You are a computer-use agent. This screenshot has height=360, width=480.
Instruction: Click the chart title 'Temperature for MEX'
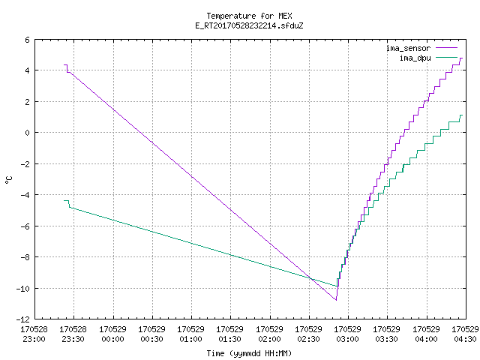[x=249, y=16]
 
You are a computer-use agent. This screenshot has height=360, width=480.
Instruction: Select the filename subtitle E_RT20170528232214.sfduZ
[x=249, y=25]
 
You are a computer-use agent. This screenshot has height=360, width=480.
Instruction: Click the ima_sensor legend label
[x=408, y=48]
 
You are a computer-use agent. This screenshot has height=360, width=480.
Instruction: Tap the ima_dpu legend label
[x=415, y=58]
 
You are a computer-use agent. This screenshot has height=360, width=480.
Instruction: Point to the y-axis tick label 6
[x=28, y=40]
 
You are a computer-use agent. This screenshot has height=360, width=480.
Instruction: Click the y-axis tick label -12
[x=23, y=319]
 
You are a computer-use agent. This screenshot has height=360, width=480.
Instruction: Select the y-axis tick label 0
[x=28, y=133]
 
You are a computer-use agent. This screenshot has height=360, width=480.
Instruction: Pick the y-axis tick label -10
[x=23, y=288]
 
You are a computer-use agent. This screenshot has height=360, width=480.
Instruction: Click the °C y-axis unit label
[x=8, y=180]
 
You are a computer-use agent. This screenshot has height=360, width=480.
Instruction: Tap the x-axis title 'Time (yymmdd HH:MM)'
[x=249, y=353]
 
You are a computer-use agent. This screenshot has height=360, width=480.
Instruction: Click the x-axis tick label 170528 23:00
[x=34, y=334]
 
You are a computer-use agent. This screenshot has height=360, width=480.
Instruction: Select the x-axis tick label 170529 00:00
[x=113, y=334]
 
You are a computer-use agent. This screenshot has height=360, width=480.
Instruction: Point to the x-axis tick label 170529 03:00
[x=347, y=334]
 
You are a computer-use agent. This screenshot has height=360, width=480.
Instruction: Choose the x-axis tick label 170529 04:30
[x=465, y=334]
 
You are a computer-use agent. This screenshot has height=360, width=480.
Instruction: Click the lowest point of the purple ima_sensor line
[x=336, y=300]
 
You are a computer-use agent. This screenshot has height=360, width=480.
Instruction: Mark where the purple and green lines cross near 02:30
[x=310, y=278]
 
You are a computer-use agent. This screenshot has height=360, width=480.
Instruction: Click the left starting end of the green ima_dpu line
[x=64, y=200]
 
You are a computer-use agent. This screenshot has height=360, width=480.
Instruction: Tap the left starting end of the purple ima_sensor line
[x=64, y=65]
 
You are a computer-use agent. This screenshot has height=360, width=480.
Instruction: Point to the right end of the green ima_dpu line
[x=462, y=115]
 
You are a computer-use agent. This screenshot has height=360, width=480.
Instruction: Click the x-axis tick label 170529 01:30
[x=230, y=334]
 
